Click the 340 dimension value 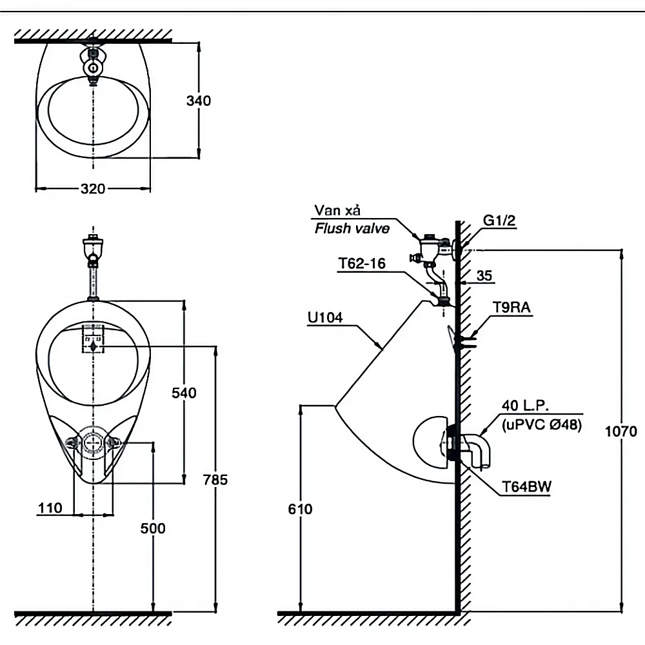tap(199, 101)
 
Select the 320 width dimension tap(93, 189)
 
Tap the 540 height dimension tap(184, 393)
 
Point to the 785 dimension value tap(215, 479)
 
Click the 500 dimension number tap(153, 528)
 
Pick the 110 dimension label tap(50, 508)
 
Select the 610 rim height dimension tap(301, 509)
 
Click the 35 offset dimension tap(484, 276)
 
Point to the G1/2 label tap(501, 221)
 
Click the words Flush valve tap(352, 228)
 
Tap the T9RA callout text tap(512, 308)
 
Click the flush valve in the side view tap(431, 248)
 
